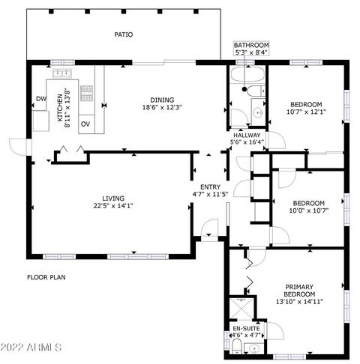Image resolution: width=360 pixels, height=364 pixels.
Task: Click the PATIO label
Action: coord(124,34)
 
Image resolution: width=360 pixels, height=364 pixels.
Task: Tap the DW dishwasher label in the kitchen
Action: coord(41,99)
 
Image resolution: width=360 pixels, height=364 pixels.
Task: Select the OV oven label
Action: coord(85,124)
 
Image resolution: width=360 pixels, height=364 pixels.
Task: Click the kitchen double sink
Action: coord(62,73)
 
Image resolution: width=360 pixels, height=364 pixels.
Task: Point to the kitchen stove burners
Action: coord(87,94)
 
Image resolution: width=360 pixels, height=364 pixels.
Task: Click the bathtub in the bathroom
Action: coord(247,74)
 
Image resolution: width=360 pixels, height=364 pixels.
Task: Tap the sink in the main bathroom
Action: coord(258,112)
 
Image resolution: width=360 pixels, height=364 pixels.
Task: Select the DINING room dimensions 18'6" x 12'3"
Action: coord(162,108)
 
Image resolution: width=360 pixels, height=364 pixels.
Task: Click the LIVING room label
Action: coord(113,198)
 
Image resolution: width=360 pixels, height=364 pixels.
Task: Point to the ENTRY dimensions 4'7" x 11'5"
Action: coord(211,194)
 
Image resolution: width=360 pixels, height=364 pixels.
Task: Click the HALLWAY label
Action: coord(247,136)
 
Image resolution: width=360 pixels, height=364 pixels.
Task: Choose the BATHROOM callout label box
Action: coord(251,49)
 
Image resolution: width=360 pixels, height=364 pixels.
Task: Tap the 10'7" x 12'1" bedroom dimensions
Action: coord(306,112)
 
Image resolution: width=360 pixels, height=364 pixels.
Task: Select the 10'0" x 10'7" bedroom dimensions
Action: coord(309,210)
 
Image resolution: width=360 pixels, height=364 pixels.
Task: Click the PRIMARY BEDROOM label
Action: coord(299,291)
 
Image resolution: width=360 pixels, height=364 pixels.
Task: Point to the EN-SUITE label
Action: coord(246,329)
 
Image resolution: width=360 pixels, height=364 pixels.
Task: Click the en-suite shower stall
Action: coord(241,309)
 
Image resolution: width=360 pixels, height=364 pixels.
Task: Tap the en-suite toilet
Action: coord(236,347)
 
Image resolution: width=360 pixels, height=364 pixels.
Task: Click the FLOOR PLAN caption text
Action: coord(46,277)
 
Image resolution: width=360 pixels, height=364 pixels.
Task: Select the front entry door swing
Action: coord(209,227)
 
